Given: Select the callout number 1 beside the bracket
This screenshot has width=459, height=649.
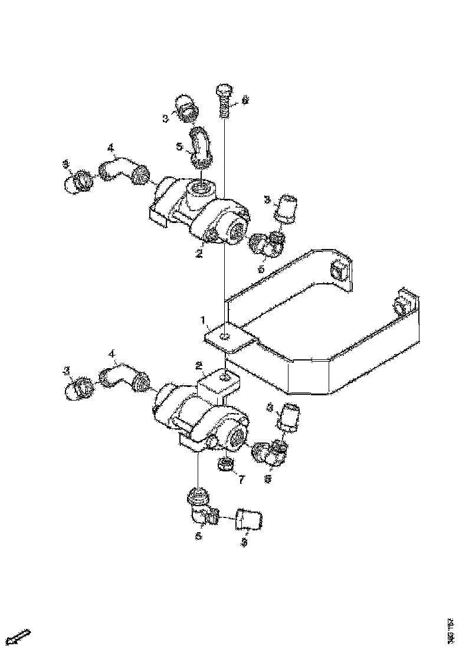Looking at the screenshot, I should tap(204, 322).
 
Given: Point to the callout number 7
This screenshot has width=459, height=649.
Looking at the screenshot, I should tap(240, 480).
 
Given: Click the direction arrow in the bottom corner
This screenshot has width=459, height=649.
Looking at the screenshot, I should tap(21, 637).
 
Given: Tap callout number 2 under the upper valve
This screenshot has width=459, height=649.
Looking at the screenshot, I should tap(199, 253).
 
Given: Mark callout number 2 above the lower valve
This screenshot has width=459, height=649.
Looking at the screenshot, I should tap(199, 365).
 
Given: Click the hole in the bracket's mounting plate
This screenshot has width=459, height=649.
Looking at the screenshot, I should tap(224, 336).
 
